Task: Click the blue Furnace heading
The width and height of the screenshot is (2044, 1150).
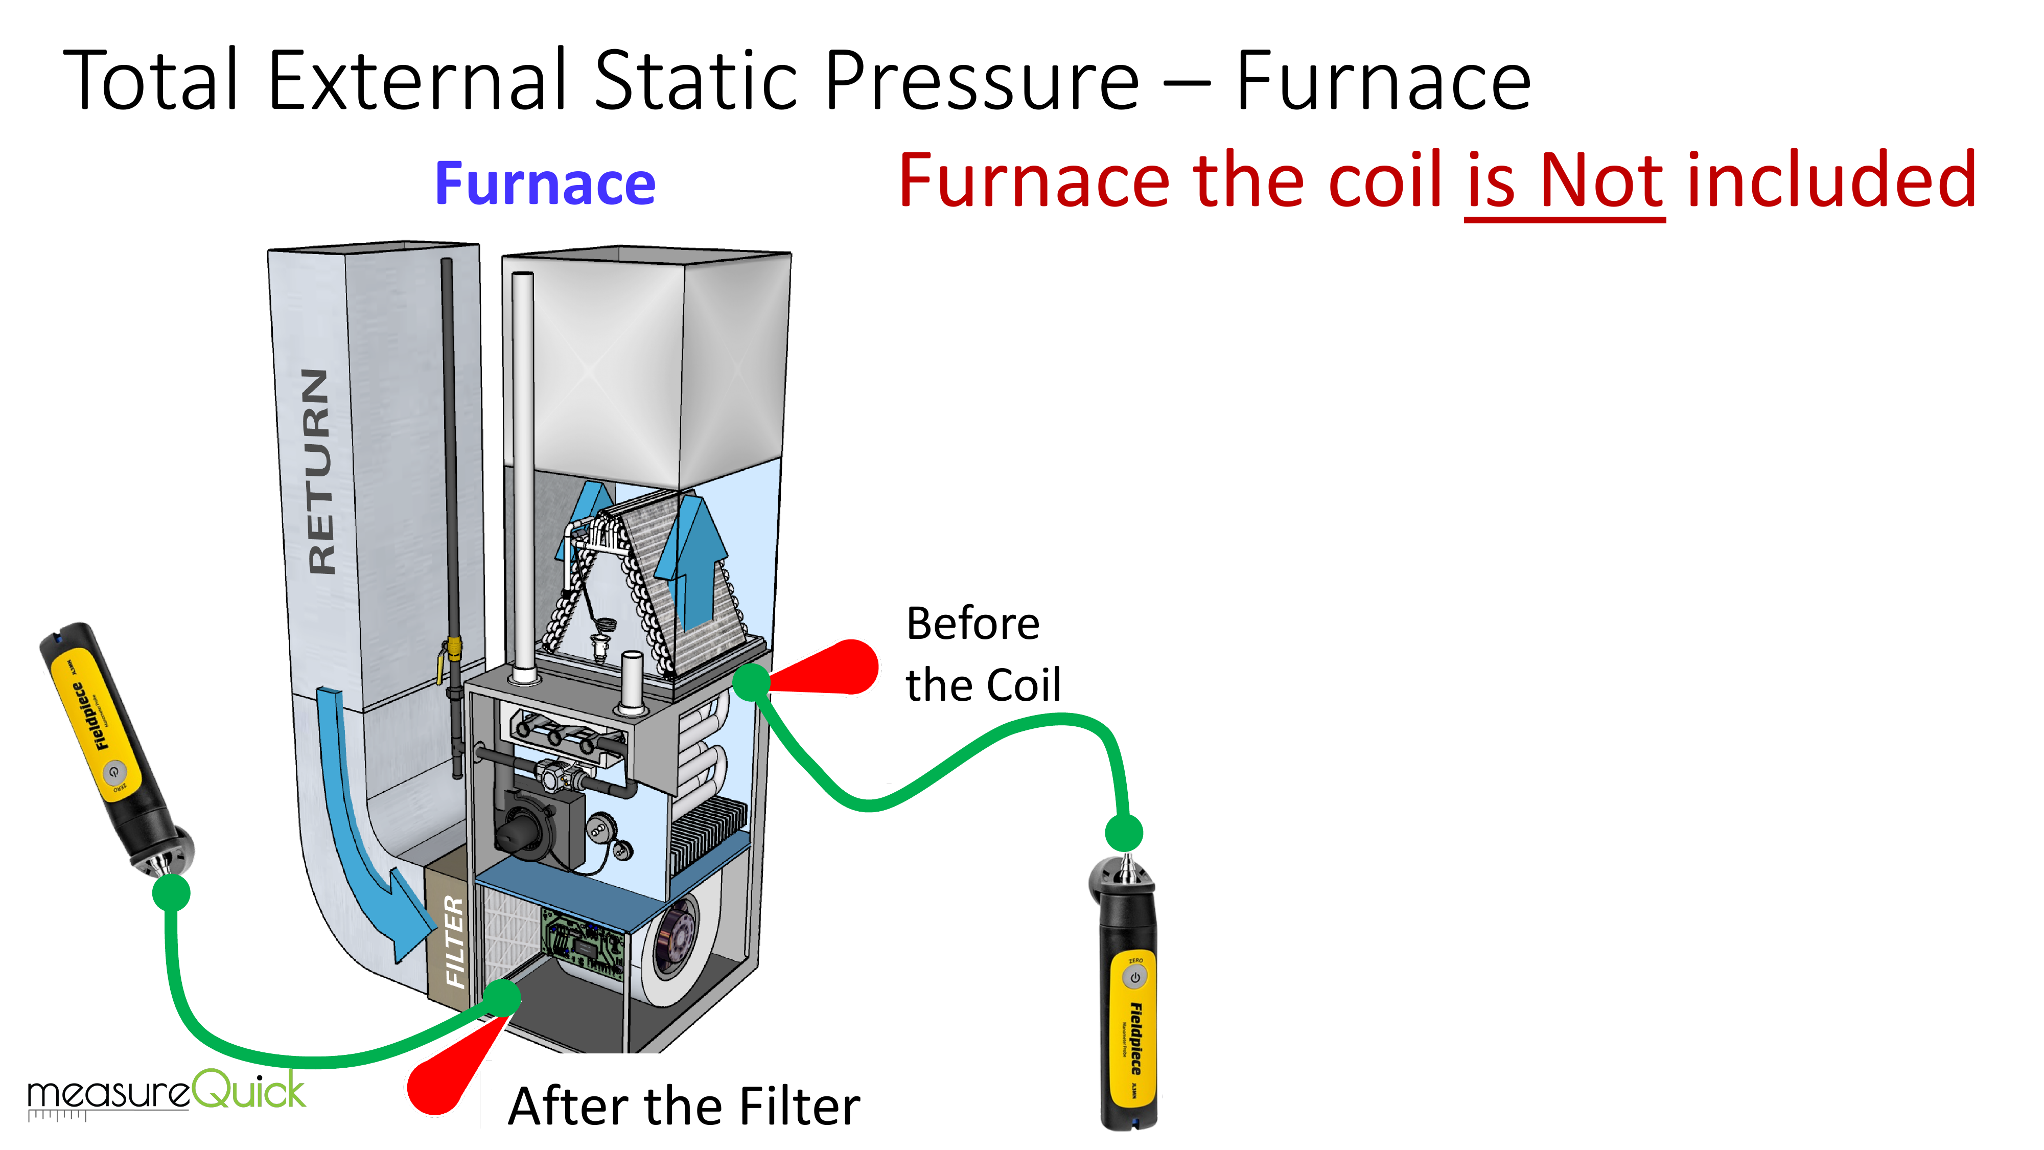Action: pos(545,184)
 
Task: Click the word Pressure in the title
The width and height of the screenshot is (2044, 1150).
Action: pos(982,81)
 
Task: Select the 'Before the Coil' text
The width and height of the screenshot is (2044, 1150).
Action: pos(982,653)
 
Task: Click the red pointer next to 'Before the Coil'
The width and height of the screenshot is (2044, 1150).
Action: pos(833,668)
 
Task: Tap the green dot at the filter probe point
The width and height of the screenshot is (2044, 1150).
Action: pos(501,997)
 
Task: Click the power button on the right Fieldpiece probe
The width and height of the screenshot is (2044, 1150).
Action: pos(1134,978)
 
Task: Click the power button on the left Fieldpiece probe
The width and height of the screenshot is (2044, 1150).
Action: pos(114,771)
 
